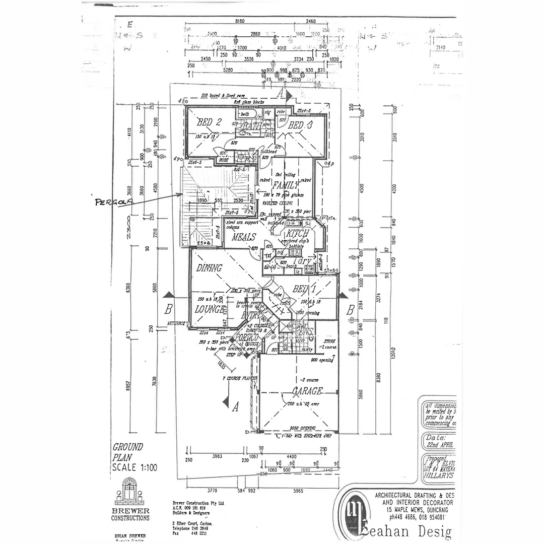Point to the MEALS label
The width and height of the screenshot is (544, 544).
tap(244, 237)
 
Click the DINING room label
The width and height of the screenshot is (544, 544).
tap(210, 268)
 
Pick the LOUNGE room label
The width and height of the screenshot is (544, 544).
tap(210, 310)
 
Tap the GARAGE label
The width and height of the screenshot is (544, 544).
tap(306, 391)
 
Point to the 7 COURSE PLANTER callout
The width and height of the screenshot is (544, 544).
tap(241, 378)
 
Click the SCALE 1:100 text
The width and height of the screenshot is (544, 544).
tap(134, 467)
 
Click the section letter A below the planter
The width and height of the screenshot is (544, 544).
tap(235, 409)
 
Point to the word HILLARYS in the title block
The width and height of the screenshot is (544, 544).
tap(438, 475)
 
